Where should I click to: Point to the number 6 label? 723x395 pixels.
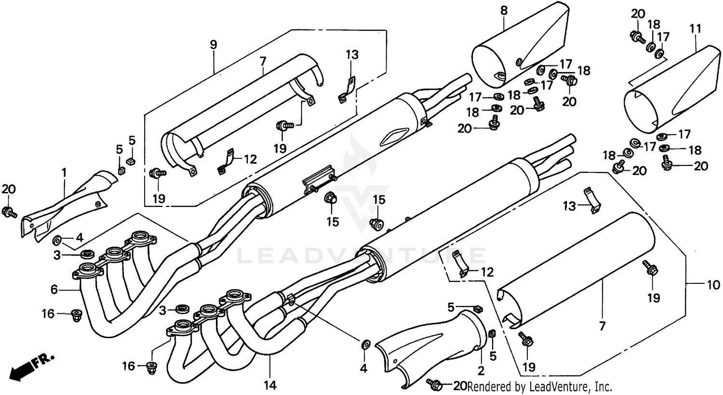pos(54,289)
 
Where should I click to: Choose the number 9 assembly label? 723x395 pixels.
pos(213,45)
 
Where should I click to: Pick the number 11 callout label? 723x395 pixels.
pos(695,29)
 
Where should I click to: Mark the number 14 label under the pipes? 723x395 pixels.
pos(270,384)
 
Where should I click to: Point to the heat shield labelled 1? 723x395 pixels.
pos(67,207)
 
